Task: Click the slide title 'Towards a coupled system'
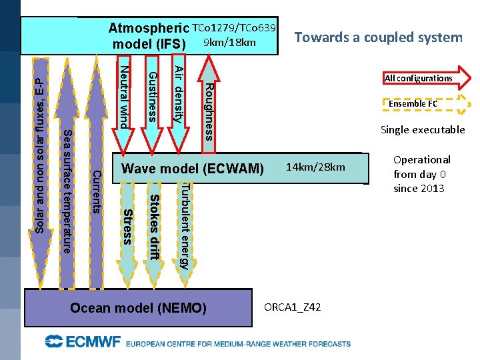pos(379,37)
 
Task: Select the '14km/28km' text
pos(316,167)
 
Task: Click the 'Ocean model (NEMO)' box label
pos(139,308)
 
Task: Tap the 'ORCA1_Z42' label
pos(293,307)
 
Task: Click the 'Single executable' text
pos(423,130)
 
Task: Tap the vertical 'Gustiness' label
pos(152,97)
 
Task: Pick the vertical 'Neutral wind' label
pos(123,93)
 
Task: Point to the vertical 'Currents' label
pos(96,192)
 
